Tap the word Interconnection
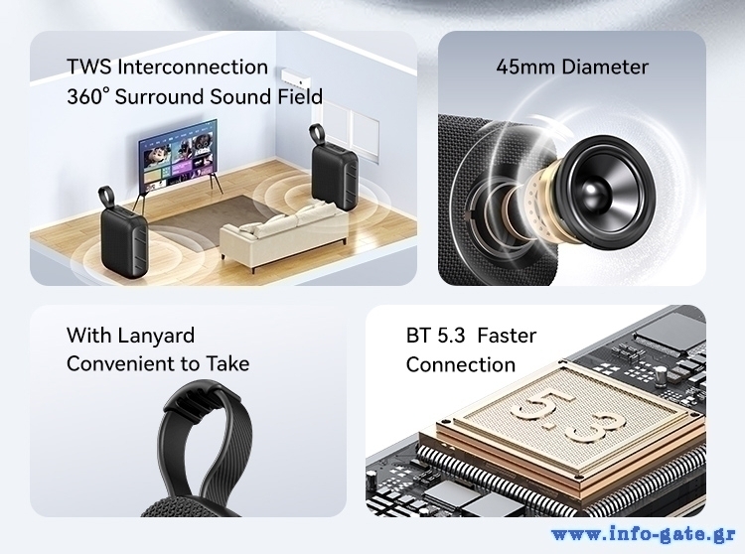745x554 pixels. tap(193, 67)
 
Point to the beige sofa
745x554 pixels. tap(284, 230)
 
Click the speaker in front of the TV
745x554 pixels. tap(122, 231)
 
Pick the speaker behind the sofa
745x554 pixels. tap(334, 167)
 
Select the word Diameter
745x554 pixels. tap(604, 67)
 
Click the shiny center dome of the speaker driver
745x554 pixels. tap(596, 191)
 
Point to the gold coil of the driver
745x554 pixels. tap(541, 202)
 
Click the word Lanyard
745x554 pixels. tap(156, 336)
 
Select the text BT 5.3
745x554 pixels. tap(436, 336)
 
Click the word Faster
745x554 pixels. tap(507, 336)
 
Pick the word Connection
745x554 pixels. tap(461, 365)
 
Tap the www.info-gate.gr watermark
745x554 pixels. tap(644, 534)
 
